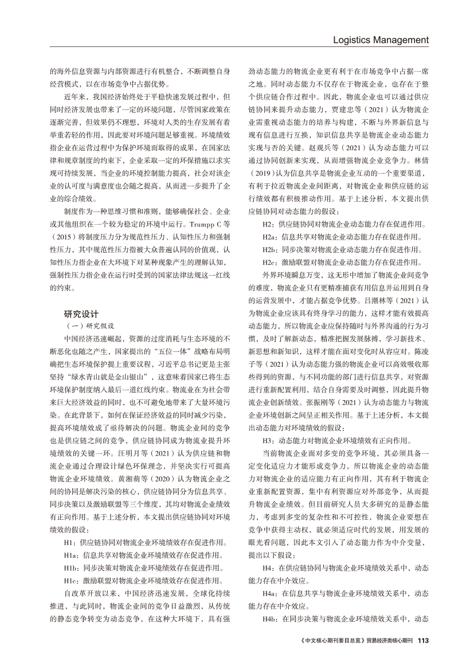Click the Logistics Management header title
pos(381,40)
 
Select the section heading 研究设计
pos(83,314)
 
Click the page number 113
pos(423,640)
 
